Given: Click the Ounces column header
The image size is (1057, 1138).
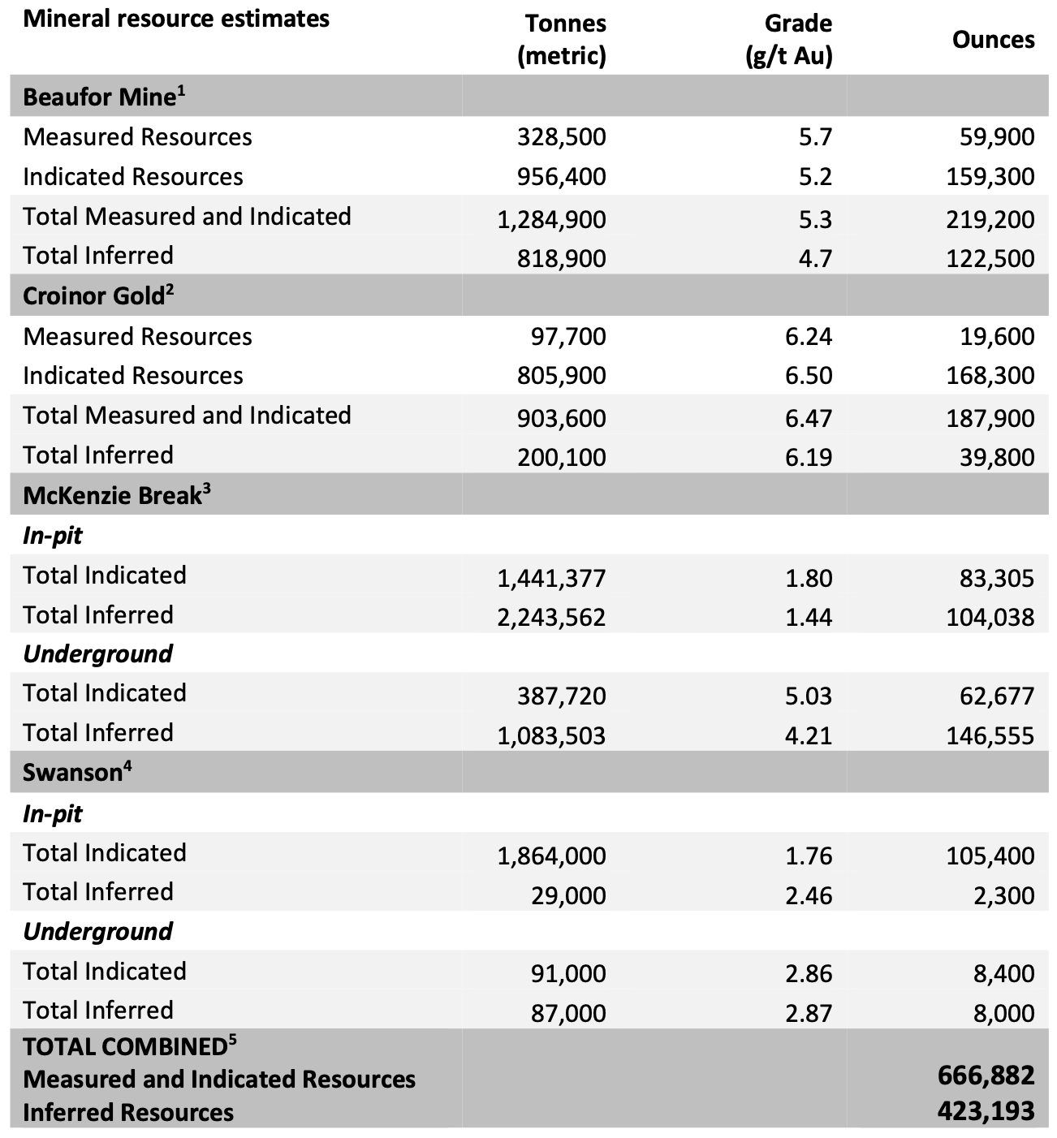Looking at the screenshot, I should click(993, 40).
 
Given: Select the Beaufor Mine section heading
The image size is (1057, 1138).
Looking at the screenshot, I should click(104, 97).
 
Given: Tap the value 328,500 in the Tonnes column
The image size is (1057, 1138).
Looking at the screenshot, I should click(562, 136).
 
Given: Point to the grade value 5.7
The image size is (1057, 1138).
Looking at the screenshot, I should click(815, 136).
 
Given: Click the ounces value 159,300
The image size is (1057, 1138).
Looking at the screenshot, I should click(990, 176).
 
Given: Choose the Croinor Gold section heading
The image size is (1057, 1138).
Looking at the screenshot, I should click(98, 295).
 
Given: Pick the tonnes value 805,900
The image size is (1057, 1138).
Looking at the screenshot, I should click(562, 376).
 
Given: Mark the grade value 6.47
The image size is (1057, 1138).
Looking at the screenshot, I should click(809, 418).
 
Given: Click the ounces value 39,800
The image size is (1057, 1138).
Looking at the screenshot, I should click(997, 457).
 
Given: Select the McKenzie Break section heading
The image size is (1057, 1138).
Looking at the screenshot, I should click(116, 495).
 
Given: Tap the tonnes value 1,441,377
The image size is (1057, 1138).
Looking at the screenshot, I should click(551, 578).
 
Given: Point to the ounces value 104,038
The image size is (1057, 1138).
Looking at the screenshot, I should click(990, 617).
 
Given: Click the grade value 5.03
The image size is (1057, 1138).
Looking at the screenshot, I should click(809, 696).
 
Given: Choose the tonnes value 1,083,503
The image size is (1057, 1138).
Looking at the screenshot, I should click(551, 735).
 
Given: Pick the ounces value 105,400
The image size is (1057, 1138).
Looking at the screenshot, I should click(990, 856).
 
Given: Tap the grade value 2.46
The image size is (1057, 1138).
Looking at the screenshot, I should click(809, 895).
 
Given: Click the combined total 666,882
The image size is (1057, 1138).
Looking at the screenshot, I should click(986, 1075).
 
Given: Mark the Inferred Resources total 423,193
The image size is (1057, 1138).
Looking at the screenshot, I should click(986, 1110).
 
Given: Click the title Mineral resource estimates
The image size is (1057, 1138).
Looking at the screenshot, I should click(176, 19).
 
